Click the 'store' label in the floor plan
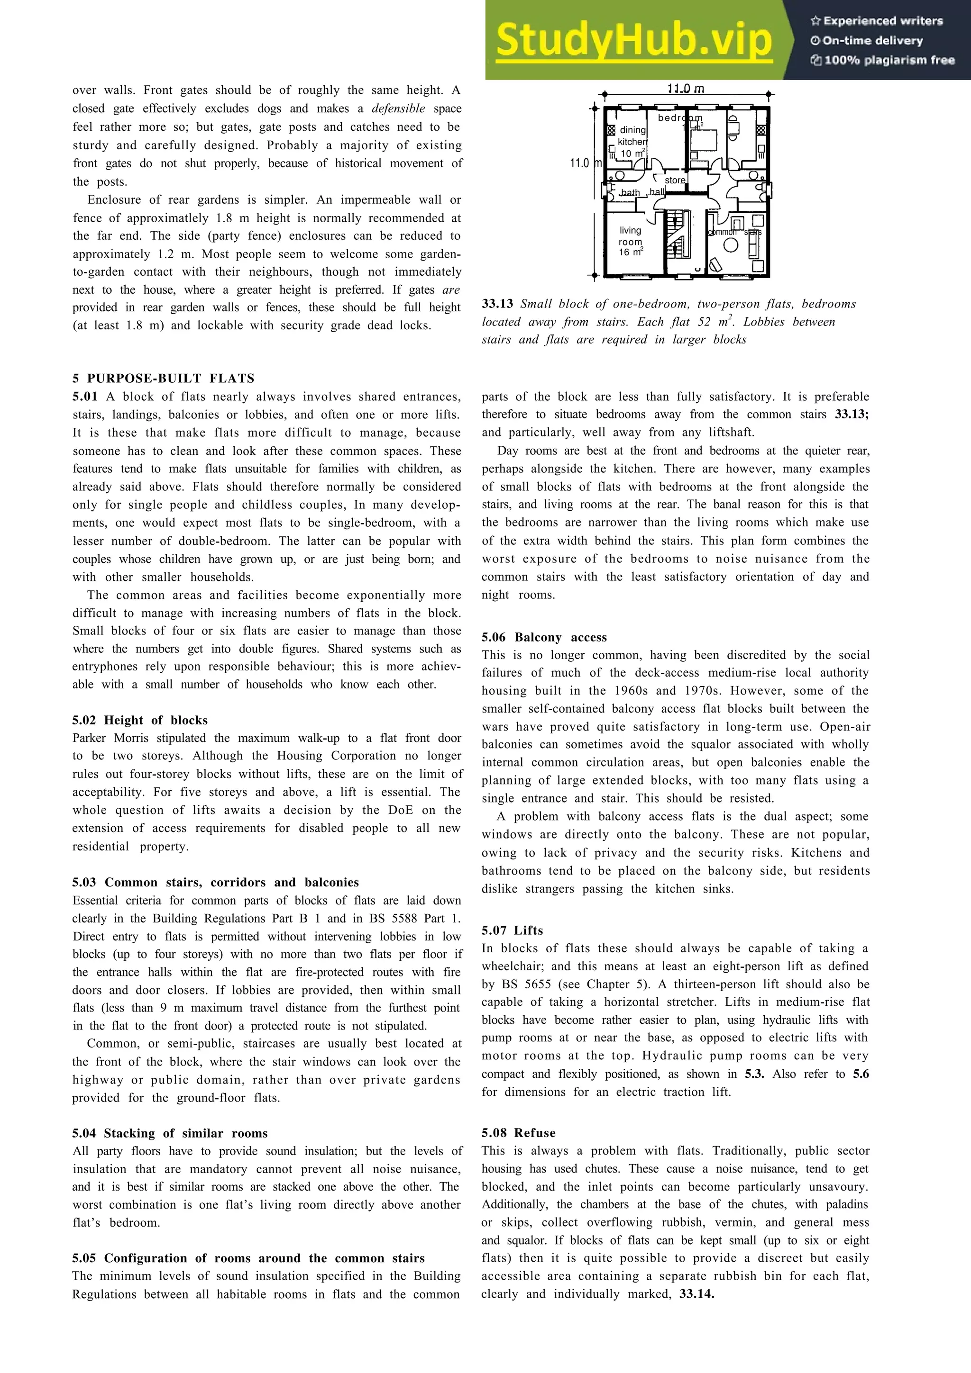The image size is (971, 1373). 675,180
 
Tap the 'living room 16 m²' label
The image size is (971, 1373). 631,241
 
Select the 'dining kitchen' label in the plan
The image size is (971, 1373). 632,136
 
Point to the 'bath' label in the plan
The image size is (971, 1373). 630,192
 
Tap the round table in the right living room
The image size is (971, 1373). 731,244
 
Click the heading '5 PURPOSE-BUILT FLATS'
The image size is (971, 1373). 163,379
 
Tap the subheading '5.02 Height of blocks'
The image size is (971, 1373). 140,720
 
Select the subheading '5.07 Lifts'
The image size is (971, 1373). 512,930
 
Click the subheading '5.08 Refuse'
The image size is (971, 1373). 518,1133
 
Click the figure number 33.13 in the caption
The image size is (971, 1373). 497,304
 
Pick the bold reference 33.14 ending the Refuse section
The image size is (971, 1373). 696,1294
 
